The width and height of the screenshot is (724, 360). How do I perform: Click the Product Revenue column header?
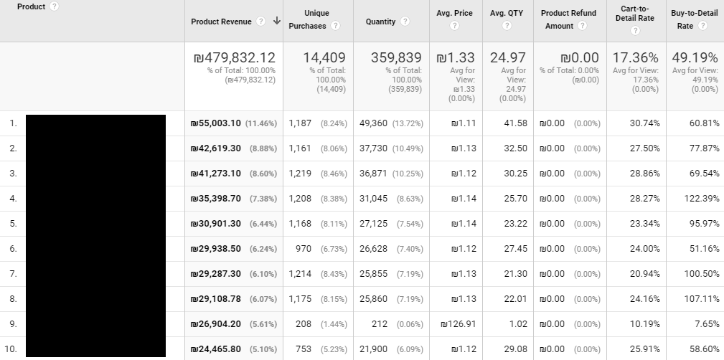[x=221, y=22]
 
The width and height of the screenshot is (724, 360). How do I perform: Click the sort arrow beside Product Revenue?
[x=277, y=21]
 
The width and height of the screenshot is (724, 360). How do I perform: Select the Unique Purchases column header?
[x=307, y=19]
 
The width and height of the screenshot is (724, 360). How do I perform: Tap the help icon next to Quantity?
[x=405, y=22]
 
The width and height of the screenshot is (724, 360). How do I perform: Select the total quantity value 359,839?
[x=397, y=57]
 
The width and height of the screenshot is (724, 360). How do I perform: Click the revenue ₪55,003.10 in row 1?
[x=215, y=123]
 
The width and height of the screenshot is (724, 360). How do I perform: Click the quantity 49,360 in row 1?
[x=373, y=123]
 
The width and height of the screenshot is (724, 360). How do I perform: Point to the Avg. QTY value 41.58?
[x=515, y=123]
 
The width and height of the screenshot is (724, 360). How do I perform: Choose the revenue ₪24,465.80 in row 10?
[x=215, y=349]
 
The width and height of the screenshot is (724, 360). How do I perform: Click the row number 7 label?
[x=13, y=274]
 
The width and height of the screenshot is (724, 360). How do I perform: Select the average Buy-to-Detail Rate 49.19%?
[x=695, y=57]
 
